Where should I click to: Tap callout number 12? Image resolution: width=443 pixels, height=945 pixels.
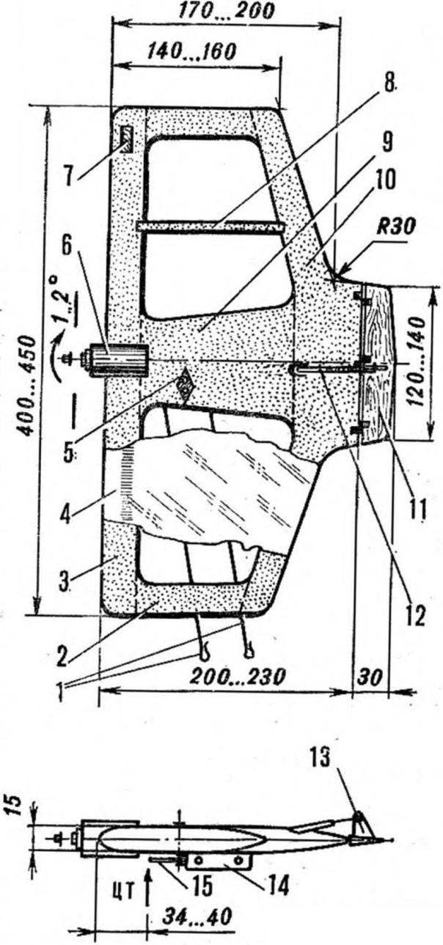pos(416,617)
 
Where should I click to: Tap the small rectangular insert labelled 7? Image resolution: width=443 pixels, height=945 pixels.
pos(126,139)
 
